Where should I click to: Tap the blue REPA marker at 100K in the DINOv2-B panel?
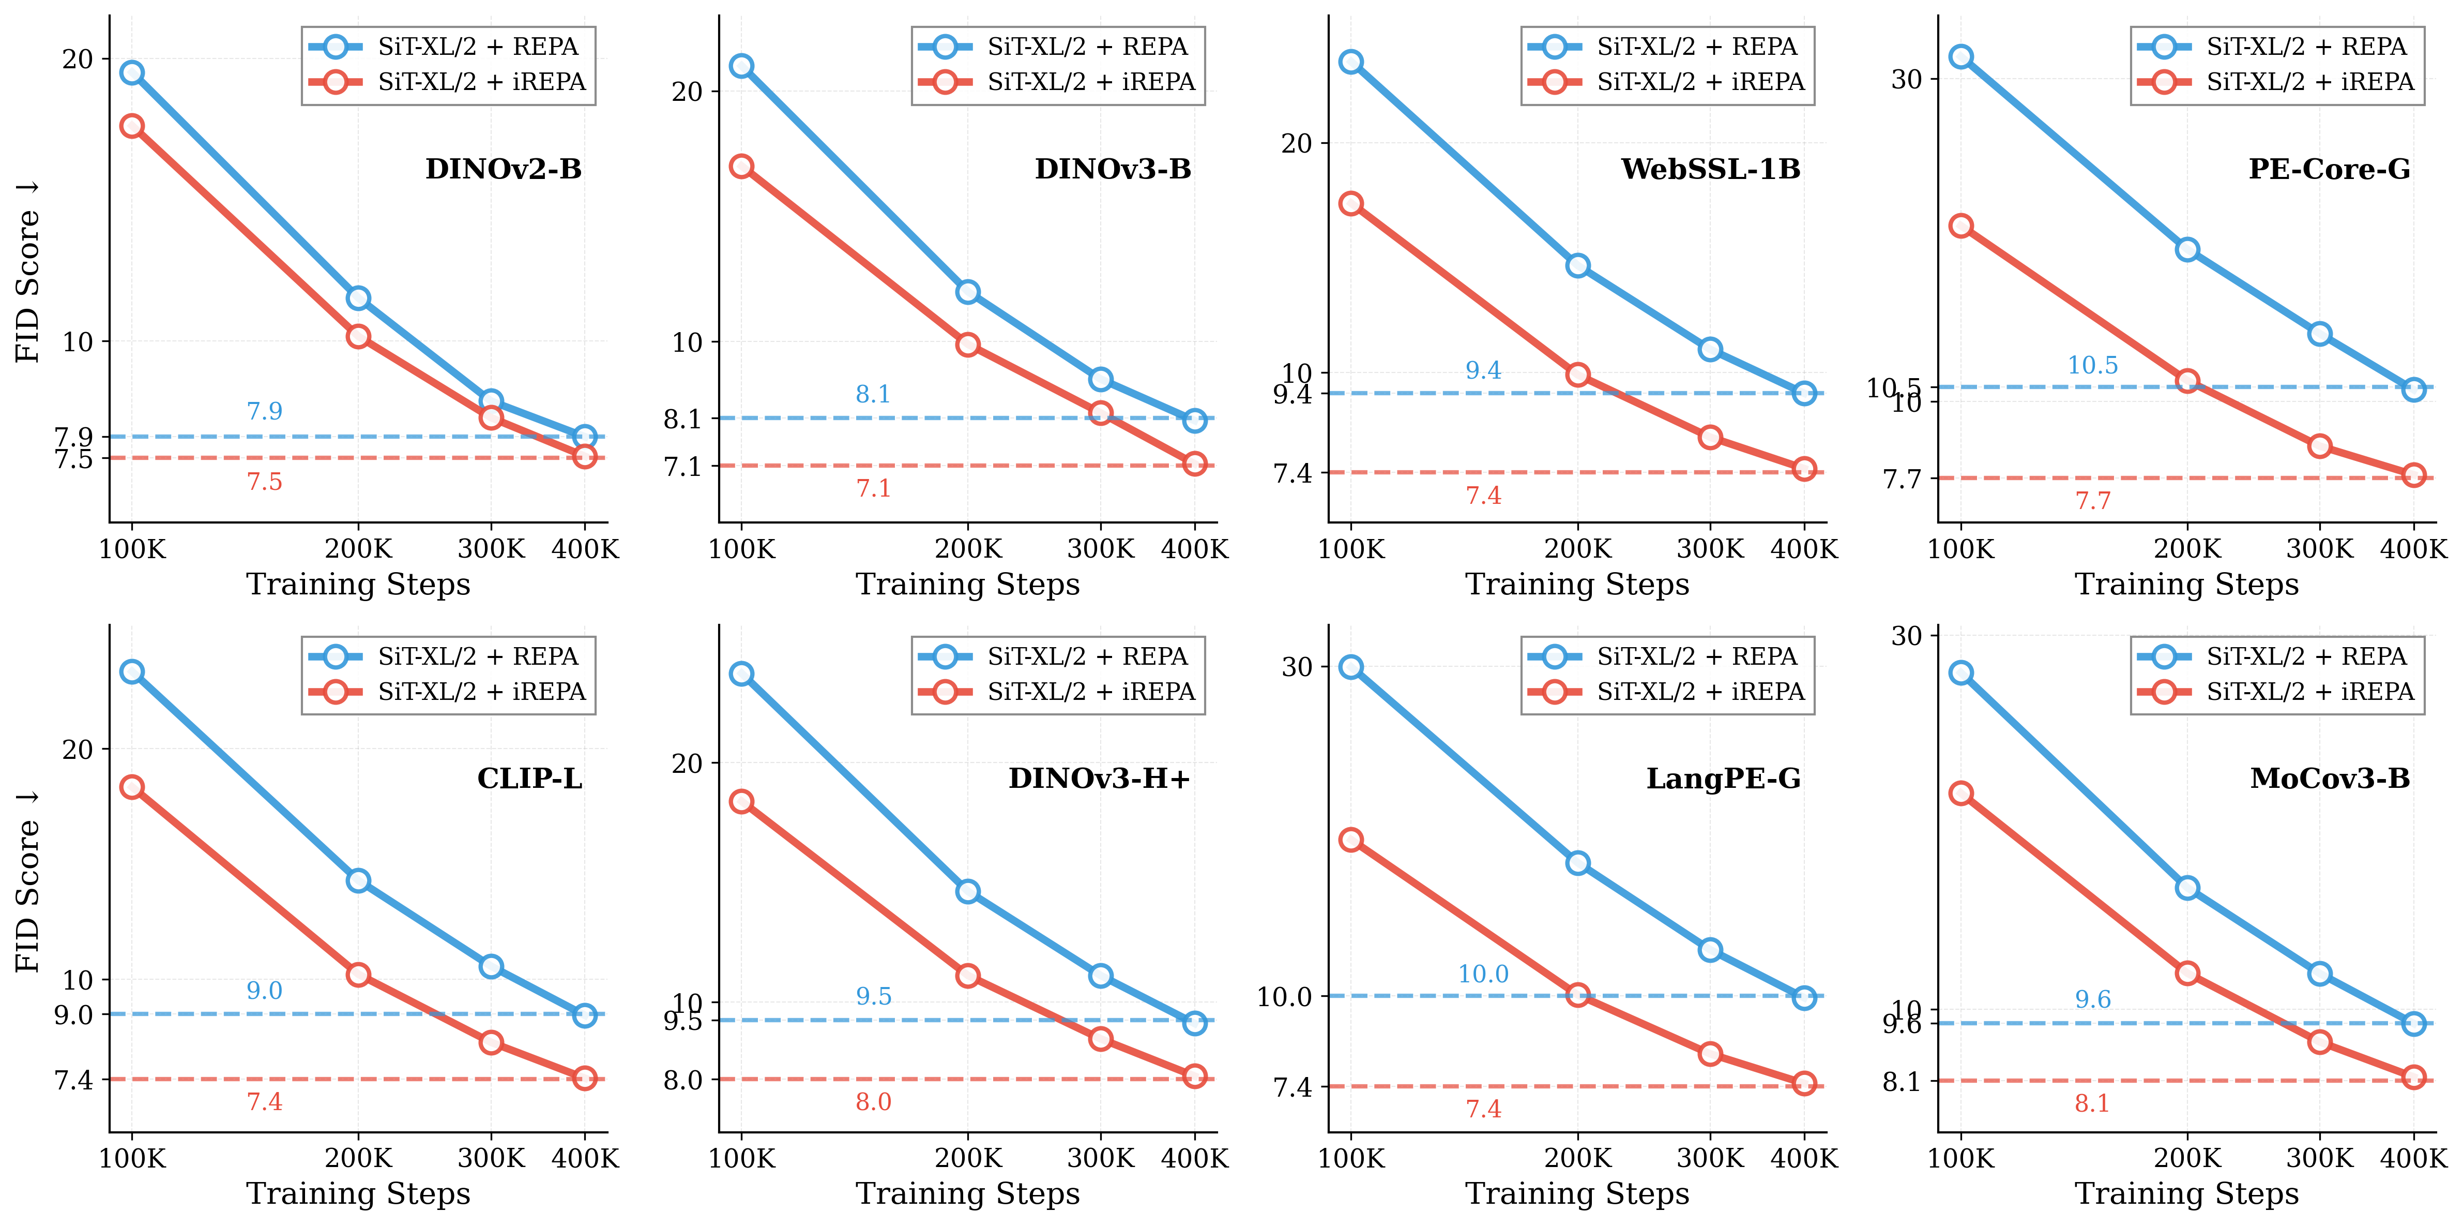point(132,72)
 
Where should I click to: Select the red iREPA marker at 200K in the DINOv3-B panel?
point(968,345)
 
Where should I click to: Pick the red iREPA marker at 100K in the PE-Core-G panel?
point(1961,226)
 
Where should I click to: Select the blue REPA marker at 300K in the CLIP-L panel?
point(491,966)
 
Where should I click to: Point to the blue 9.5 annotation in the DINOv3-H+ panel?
point(873,996)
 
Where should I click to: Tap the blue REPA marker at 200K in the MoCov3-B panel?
point(2187,888)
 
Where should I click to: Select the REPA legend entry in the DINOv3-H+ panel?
point(1087,656)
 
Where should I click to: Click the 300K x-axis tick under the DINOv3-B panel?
point(1101,549)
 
